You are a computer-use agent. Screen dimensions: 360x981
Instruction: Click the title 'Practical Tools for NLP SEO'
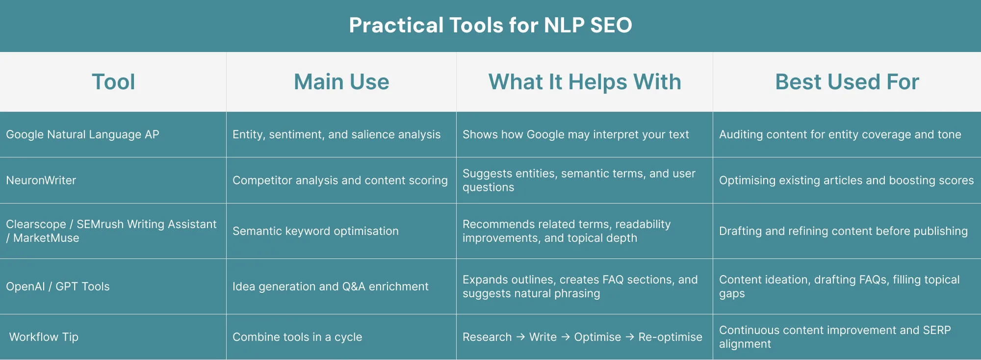tap(490, 26)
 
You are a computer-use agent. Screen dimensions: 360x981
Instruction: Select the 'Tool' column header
tap(113, 82)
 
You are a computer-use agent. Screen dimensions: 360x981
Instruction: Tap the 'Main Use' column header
tap(341, 82)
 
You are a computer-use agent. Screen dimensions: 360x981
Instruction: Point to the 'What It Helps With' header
tap(585, 82)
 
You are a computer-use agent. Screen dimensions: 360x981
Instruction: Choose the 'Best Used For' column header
tap(847, 82)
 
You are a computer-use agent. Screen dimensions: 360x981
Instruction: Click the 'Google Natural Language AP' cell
tap(82, 134)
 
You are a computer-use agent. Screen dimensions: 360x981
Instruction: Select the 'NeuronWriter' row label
tap(41, 180)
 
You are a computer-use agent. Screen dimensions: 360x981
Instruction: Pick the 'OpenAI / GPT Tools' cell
tap(58, 286)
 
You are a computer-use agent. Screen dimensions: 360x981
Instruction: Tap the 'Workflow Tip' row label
tap(44, 337)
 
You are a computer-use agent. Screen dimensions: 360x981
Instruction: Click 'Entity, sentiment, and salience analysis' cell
tap(336, 134)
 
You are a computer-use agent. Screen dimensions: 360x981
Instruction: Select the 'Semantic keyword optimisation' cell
tap(315, 231)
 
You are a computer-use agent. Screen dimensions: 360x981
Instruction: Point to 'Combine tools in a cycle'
tap(297, 337)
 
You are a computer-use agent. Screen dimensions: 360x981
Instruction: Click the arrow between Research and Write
tap(520, 337)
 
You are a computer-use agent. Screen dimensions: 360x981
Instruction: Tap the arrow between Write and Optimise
tap(566, 337)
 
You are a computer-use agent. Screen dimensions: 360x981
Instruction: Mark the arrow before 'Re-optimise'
tap(630, 337)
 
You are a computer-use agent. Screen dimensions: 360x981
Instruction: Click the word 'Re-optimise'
tap(670, 337)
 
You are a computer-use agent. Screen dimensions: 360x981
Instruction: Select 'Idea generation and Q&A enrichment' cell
tap(331, 286)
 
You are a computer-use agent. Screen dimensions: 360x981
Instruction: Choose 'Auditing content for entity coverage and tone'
tap(840, 134)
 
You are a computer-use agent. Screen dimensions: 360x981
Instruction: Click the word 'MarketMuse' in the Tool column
tap(46, 238)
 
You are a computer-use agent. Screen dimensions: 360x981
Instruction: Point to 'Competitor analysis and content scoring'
tap(340, 180)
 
